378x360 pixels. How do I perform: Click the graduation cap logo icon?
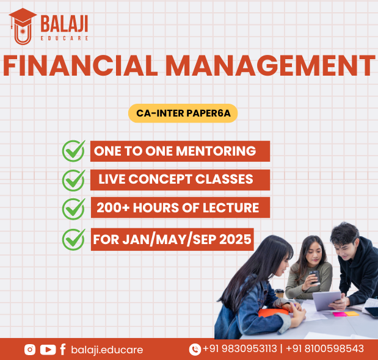(23, 26)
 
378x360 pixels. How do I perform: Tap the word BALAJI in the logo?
(64, 24)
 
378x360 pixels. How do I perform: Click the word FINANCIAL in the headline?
(80, 65)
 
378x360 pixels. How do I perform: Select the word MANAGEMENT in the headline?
(270, 65)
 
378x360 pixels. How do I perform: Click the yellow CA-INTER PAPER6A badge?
(183, 113)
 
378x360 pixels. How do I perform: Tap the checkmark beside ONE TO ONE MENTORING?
(73, 151)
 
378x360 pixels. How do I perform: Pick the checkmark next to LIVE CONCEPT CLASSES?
(73, 181)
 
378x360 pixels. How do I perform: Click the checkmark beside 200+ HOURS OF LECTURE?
(73, 209)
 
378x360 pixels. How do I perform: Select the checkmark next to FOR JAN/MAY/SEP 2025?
(73, 239)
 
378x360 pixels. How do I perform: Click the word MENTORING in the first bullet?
(216, 151)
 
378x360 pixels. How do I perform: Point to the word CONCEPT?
(160, 179)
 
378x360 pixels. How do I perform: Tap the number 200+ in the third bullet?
(113, 208)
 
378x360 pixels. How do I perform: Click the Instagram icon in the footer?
(30, 350)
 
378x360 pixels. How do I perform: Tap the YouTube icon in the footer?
(48, 350)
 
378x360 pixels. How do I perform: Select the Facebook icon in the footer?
(63, 350)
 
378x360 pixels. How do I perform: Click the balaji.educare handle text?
(107, 350)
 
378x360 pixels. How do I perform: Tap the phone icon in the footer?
(195, 350)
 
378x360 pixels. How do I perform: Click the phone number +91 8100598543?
(325, 348)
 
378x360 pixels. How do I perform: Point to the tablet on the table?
(327, 301)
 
